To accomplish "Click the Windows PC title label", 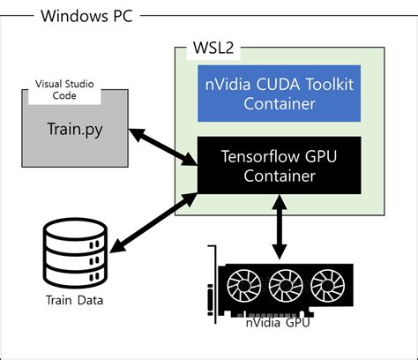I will coord(80,17).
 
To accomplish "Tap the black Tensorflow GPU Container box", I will coord(279,164).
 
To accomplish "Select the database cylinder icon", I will coord(75,252).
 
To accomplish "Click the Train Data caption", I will coord(74,300).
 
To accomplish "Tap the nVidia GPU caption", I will coord(278,322).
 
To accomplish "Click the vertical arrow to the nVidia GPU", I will coord(280,228).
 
